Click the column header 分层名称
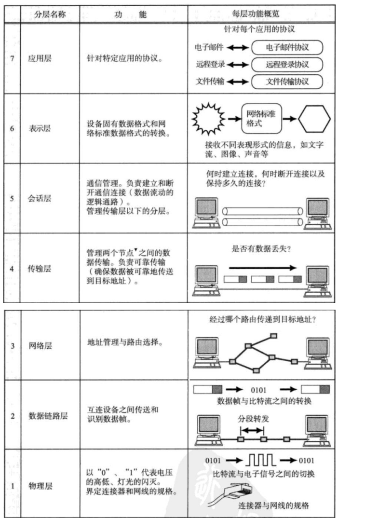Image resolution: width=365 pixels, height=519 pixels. (50, 14)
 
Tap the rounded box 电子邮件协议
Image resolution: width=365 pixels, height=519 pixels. (287, 47)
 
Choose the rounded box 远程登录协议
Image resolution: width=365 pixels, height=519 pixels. (287, 64)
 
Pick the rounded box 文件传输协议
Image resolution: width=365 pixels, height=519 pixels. (287, 81)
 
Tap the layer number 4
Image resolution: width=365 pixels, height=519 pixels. (12, 269)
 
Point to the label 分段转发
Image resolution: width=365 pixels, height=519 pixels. (253, 418)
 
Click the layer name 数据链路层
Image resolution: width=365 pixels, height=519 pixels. (45, 415)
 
